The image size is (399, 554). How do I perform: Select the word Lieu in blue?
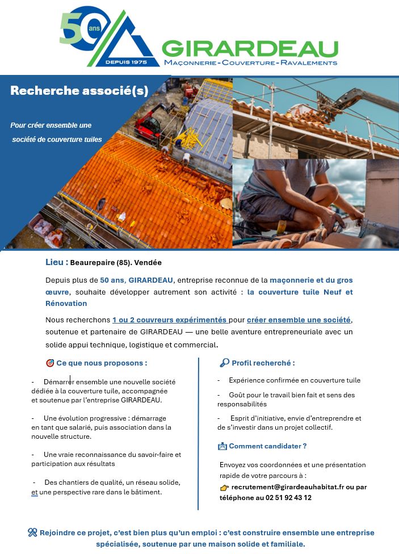[57, 262]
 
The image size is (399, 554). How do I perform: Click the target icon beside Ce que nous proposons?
[49, 363]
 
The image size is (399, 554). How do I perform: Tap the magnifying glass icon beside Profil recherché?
[224, 363]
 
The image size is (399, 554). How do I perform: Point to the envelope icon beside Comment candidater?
[222, 446]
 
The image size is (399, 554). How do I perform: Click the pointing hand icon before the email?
[224, 488]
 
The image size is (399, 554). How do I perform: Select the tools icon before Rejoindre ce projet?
[32, 532]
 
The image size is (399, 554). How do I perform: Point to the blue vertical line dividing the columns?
[198, 434]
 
